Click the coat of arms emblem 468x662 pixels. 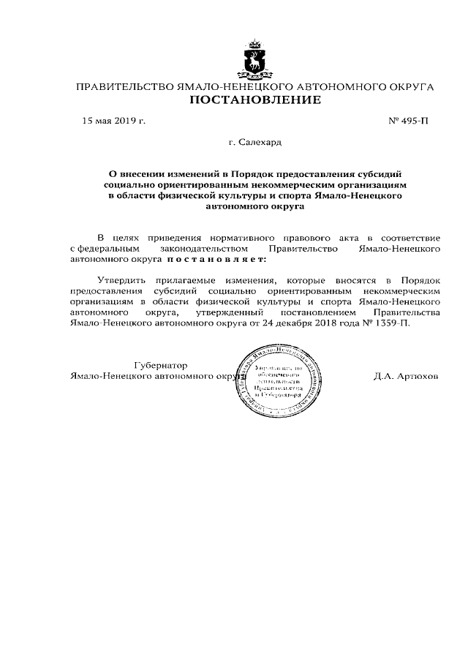(254, 61)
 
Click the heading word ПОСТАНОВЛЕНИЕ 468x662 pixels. (255, 100)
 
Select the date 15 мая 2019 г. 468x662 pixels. (113, 121)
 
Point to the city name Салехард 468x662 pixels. (260, 142)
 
